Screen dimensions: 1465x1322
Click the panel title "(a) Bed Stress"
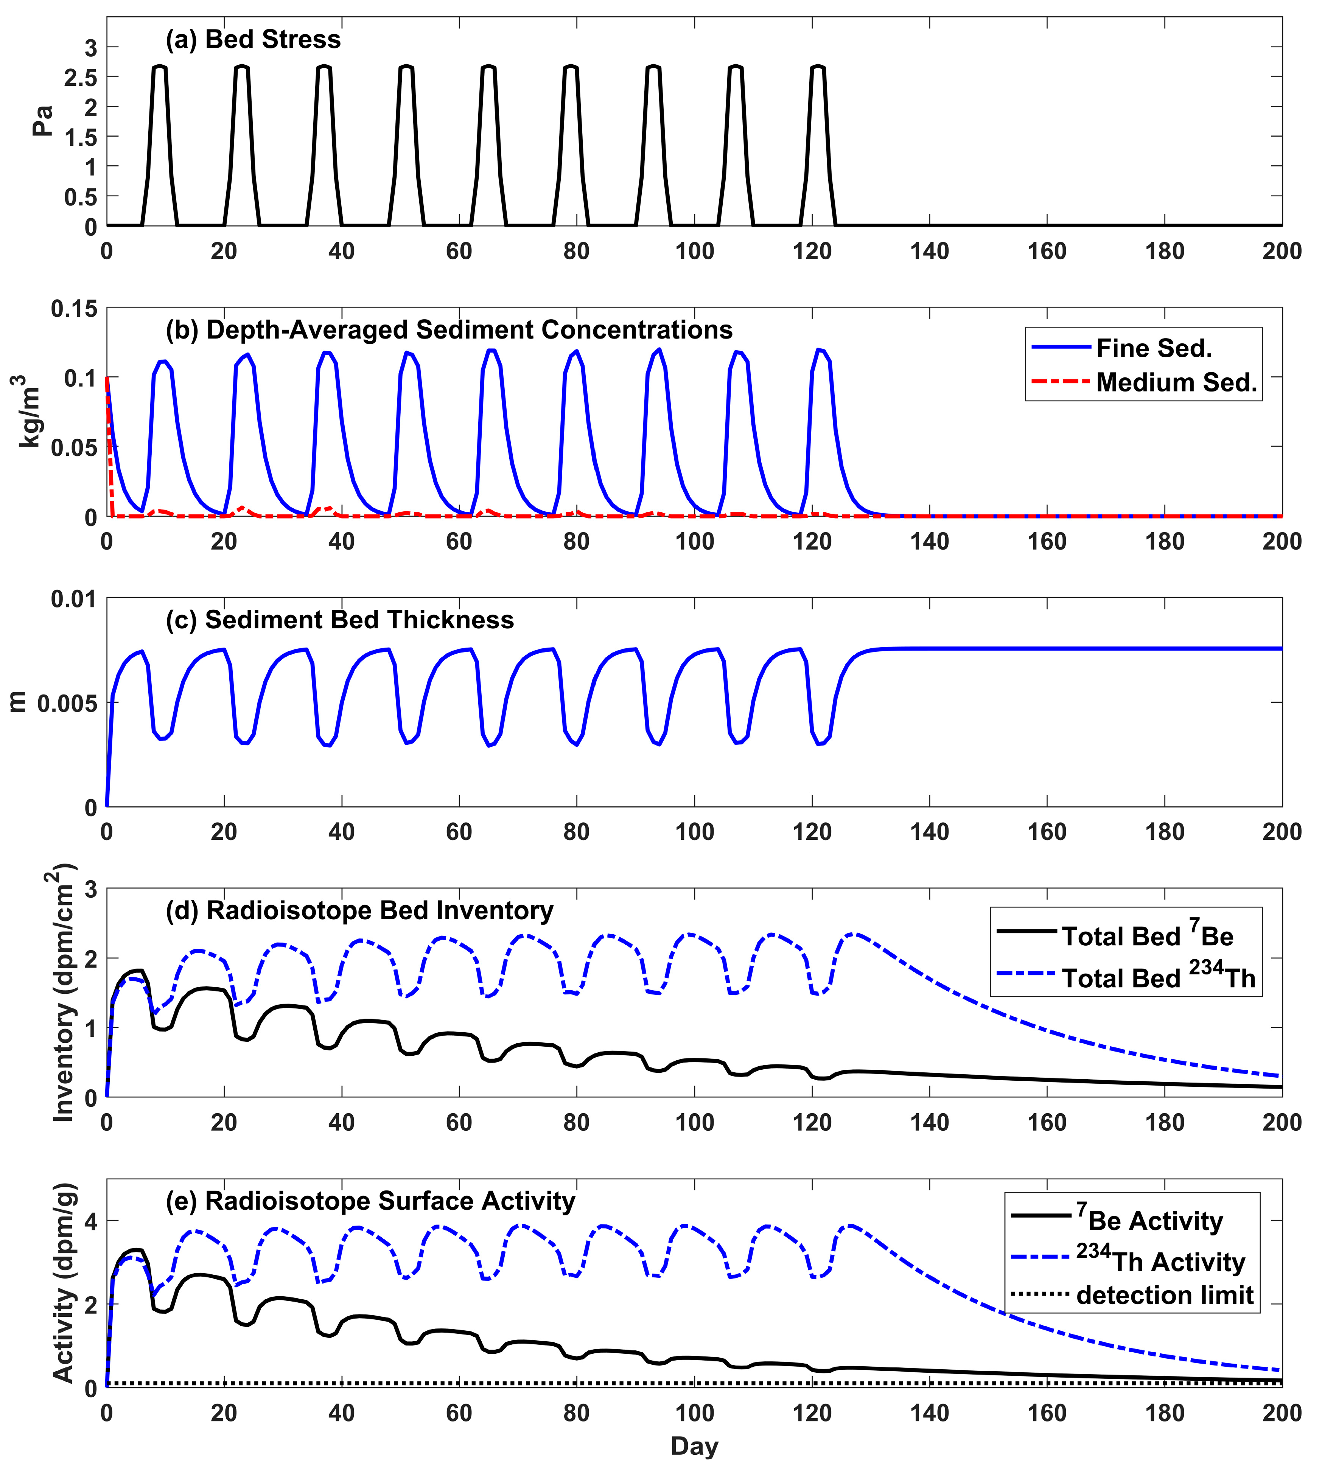click(253, 39)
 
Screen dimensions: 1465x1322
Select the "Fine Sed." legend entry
click(1154, 349)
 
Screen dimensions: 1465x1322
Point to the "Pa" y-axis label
click(44, 121)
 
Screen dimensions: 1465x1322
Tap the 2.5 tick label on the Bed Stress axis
click(81, 78)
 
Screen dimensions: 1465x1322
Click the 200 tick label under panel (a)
click(1281, 251)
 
